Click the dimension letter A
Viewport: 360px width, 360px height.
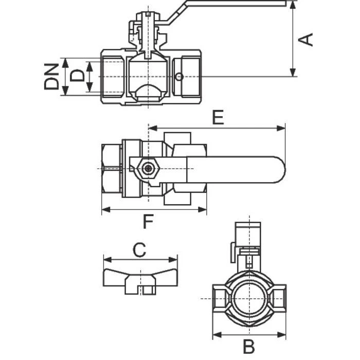(x=305, y=40)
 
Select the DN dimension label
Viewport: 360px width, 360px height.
(x=51, y=77)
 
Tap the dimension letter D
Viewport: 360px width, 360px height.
(x=77, y=76)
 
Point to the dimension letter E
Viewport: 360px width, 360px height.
(x=218, y=117)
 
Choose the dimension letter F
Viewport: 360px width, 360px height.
(x=148, y=222)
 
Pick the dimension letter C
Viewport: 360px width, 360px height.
(x=139, y=249)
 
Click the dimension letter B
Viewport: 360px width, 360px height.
(x=249, y=347)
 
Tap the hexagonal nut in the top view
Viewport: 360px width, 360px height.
(x=148, y=169)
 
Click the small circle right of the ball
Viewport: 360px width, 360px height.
(x=178, y=77)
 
